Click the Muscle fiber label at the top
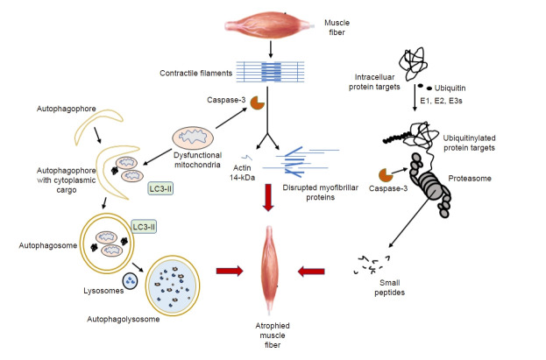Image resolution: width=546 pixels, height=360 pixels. coord(337,27)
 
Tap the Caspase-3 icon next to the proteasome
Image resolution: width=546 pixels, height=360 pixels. coord(385,175)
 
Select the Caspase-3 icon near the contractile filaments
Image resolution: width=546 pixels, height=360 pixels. coord(258,102)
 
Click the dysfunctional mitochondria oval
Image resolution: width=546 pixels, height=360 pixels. coord(193,138)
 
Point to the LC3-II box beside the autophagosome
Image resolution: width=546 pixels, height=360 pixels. coord(144,227)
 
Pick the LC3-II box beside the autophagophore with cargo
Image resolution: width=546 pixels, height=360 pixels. coord(160,188)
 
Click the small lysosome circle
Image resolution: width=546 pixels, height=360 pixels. coord(130,281)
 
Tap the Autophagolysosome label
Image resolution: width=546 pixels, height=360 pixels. coord(124,319)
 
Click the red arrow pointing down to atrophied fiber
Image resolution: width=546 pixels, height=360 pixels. coord(268,198)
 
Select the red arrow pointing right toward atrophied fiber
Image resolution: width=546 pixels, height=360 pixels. coord(230,271)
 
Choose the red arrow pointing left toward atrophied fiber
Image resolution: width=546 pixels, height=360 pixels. coord(311,272)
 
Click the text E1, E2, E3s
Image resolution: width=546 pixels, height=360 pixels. coord(441,101)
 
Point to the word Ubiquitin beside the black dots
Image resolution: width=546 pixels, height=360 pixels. coord(450,88)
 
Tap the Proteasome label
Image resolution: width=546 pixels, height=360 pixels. coord(470,179)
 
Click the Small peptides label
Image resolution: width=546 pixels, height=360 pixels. coord(390,287)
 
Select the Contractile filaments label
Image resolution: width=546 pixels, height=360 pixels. coord(196,73)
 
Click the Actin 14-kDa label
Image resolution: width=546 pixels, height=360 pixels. coord(243,173)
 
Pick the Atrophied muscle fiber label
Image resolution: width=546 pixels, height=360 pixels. coord(273,335)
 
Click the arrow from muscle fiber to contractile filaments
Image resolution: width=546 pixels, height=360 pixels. coord(271,49)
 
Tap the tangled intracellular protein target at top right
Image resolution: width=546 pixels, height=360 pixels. coord(414,65)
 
